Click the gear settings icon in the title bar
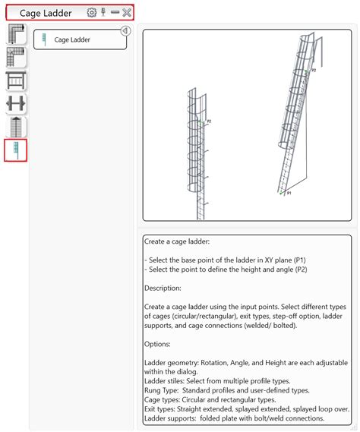coord(92,12)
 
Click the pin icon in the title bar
coord(103,12)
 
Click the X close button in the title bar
coord(127,12)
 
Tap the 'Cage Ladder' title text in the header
coord(46,13)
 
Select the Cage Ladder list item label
coord(72,39)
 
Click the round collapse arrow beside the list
coord(125,31)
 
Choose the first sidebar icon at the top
coord(16,34)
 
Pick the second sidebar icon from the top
coord(16,57)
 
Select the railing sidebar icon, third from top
coord(16,80)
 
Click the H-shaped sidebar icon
coord(16,103)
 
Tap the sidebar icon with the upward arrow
coord(16,127)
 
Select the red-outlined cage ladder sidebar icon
coord(16,150)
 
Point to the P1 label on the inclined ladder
coord(289,193)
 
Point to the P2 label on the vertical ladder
coord(209,121)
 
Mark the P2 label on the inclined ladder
coord(314,71)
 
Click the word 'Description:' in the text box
coord(163,289)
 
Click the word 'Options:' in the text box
coord(157,344)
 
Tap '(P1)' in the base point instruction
coord(300,260)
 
